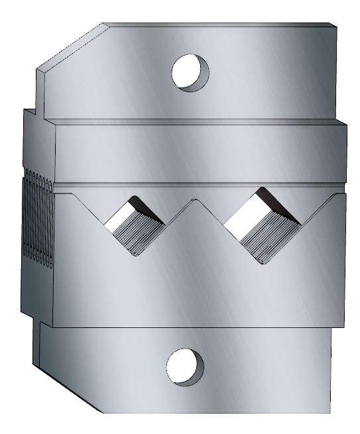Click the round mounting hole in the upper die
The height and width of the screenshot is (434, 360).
tap(190, 72)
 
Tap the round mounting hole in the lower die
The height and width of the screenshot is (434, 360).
tap(185, 366)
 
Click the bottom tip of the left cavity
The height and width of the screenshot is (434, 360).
tap(135, 254)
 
